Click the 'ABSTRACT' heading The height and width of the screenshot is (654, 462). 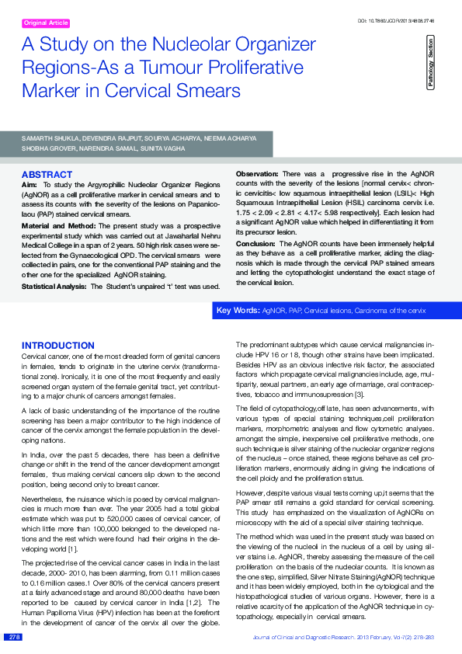(x=47, y=175)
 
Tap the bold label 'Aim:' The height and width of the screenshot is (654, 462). (x=30, y=183)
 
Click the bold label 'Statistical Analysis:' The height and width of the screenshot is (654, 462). (x=53, y=287)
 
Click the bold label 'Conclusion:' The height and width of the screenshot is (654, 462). (x=255, y=243)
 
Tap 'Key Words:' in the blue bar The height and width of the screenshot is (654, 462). (x=238, y=311)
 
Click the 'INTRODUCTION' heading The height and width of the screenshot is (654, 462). (x=57, y=346)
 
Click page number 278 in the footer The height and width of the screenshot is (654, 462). (x=14, y=637)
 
